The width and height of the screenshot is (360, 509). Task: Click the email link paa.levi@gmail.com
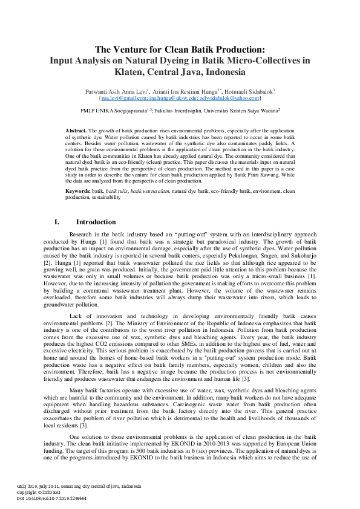point(124,97)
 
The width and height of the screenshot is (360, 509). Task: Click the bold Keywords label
point(78,190)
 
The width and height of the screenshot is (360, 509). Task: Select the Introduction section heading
point(96,222)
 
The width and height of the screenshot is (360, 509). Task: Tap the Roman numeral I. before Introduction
point(57,222)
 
